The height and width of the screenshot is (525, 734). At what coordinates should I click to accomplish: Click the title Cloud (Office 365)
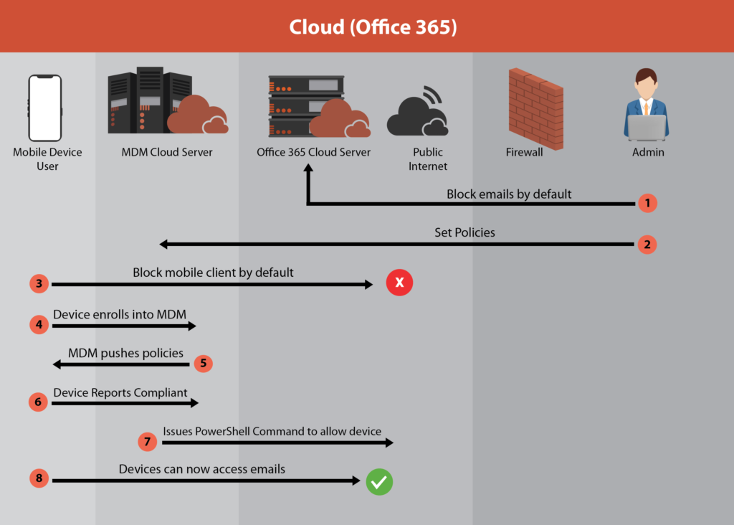(373, 27)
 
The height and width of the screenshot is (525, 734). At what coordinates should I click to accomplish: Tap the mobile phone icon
(44, 108)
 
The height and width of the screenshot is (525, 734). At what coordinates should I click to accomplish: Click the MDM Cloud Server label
(167, 152)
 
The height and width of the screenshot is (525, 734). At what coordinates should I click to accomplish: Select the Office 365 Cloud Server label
(314, 152)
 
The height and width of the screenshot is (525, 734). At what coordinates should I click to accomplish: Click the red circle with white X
(400, 283)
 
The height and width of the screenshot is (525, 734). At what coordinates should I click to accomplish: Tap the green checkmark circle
(379, 482)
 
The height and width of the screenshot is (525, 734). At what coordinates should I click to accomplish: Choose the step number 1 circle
(647, 203)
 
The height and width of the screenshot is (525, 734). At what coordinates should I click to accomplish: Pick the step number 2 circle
(647, 245)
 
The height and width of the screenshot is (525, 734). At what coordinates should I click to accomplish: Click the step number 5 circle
(203, 363)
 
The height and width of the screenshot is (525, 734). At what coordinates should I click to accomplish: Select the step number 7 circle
(147, 441)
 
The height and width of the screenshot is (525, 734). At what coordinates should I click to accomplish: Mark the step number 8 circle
(39, 479)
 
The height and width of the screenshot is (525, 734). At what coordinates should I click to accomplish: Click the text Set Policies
(464, 232)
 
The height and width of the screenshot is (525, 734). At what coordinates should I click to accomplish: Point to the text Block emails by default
(509, 194)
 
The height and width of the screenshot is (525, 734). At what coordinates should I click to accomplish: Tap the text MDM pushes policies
(125, 353)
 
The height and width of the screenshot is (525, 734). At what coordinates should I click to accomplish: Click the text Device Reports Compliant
(120, 392)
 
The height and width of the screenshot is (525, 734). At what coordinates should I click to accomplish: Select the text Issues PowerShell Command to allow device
(272, 431)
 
